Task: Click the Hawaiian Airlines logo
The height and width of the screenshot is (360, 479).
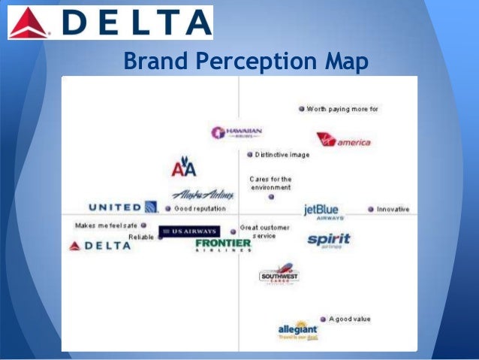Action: point(236,133)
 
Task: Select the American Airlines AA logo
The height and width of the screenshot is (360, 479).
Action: point(183,168)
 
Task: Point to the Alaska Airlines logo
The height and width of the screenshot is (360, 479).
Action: point(203,194)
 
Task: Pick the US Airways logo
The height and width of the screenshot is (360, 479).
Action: point(188,231)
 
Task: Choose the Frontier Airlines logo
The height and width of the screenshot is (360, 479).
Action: point(223,245)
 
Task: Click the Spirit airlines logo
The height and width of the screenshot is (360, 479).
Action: point(329,241)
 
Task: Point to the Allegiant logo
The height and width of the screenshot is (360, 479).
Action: point(298,330)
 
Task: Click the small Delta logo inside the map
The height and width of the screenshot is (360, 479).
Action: point(100,245)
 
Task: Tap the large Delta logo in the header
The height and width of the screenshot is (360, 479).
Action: point(110,23)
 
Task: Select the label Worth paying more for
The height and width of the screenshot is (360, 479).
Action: point(342,109)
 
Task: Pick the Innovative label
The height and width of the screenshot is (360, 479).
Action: point(393,209)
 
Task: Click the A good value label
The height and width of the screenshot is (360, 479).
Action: point(349,319)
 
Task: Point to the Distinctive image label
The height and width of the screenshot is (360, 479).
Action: point(282,155)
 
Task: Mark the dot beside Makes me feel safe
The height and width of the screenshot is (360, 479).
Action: point(143,225)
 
